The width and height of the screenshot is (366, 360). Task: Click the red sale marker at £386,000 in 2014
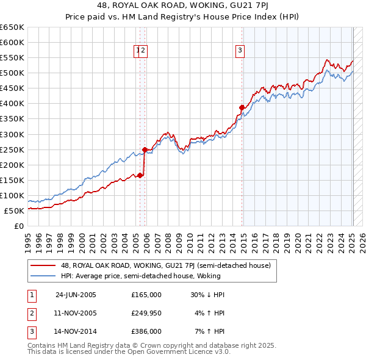click(242, 107)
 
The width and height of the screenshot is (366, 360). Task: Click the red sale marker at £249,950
click(145, 149)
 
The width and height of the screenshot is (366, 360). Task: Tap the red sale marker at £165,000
click(140, 175)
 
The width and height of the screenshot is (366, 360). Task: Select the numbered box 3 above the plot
click(240, 51)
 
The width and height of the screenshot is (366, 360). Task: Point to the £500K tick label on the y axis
click(12, 73)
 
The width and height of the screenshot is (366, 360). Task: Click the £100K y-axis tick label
click(12, 196)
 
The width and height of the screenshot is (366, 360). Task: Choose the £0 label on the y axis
click(18, 226)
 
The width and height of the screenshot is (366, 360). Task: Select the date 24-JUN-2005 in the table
click(76, 295)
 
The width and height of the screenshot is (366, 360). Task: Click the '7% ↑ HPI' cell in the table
click(210, 332)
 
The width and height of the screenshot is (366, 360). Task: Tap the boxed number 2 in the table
click(30, 314)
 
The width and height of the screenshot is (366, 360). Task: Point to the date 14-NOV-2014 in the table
click(76, 332)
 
